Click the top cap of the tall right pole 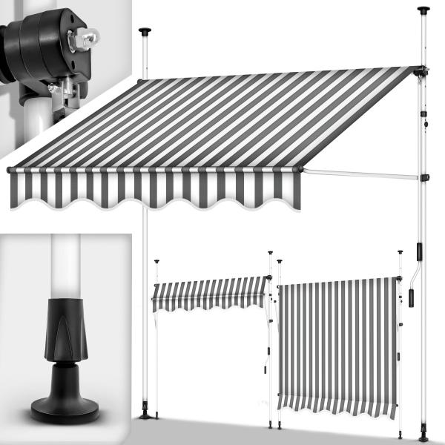pos(423,10)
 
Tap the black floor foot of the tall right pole pos(423,436)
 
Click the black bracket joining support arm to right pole pos(423,177)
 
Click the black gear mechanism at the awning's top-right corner pos(421,72)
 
